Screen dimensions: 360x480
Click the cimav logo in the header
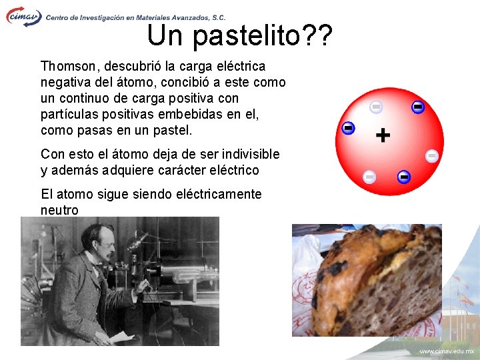tap(23, 16)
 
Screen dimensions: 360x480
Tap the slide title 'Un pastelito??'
tap(239, 35)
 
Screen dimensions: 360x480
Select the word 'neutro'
tap(59, 211)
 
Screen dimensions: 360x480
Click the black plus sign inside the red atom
tap(383, 136)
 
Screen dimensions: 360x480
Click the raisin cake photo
tap(367, 280)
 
